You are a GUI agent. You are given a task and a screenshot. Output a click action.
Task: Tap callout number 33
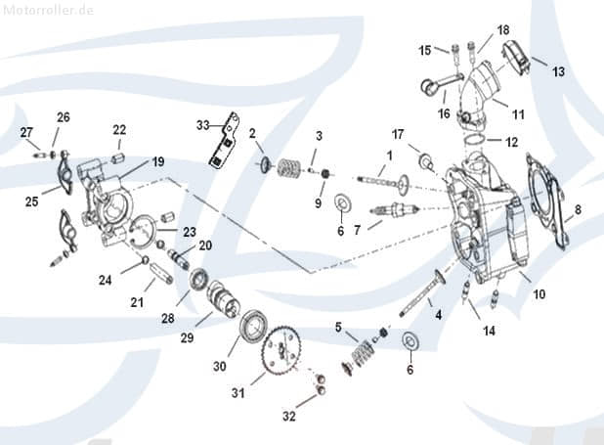[x=203, y=124]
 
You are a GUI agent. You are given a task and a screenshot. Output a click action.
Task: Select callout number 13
[x=558, y=71]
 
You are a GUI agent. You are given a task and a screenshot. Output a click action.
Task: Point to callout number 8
[x=578, y=208]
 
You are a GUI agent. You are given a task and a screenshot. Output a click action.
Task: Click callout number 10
[x=539, y=294]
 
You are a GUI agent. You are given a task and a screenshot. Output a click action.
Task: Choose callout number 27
[x=26, y=133]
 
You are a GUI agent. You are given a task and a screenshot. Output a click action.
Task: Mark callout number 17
[x=398, y=133]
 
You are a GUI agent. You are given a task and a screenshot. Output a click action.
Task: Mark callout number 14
[x=489, y=331]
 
